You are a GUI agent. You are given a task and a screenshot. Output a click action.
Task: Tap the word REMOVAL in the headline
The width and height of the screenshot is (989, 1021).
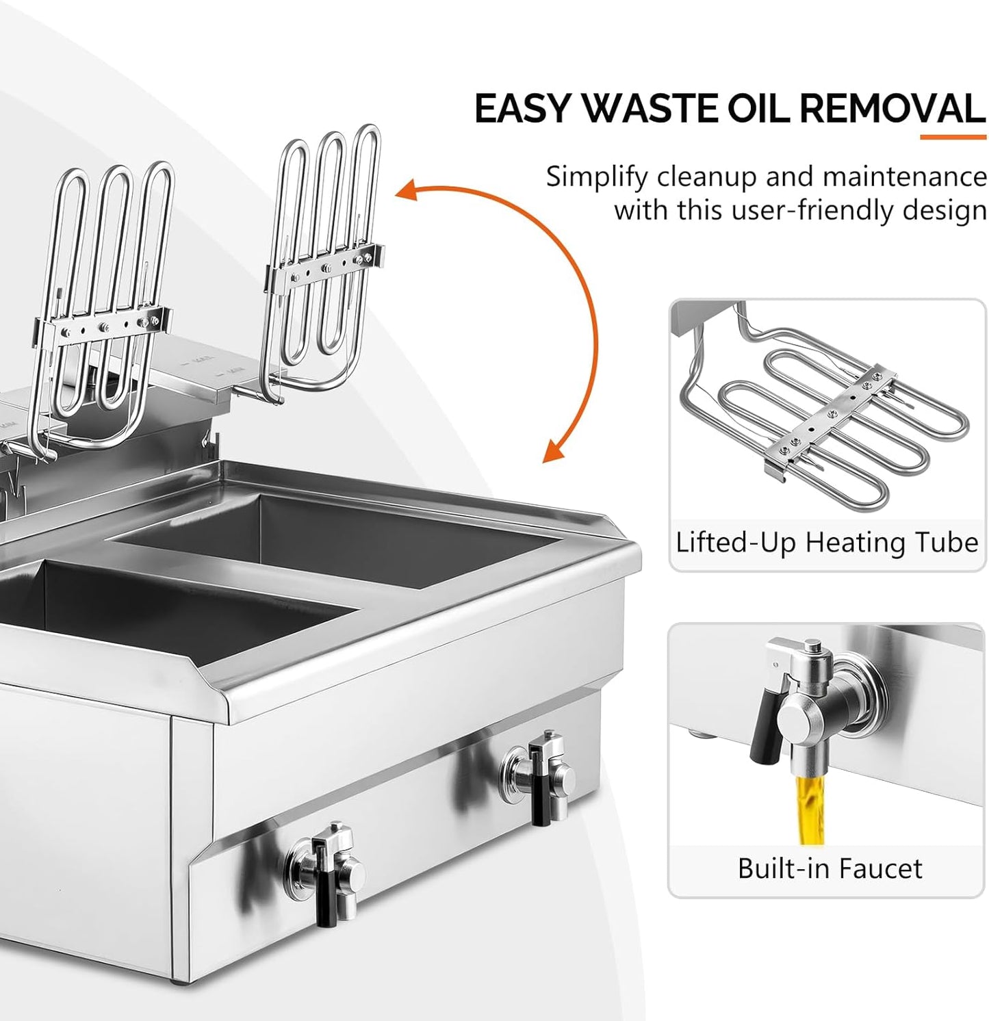click(892, 109)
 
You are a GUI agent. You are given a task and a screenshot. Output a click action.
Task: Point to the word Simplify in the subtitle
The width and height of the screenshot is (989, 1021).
click(596, 177)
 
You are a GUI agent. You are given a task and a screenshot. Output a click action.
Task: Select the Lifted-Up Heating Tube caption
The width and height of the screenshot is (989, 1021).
click(827, 543)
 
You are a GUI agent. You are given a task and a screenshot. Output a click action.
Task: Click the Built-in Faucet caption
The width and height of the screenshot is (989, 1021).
click(830, 868)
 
